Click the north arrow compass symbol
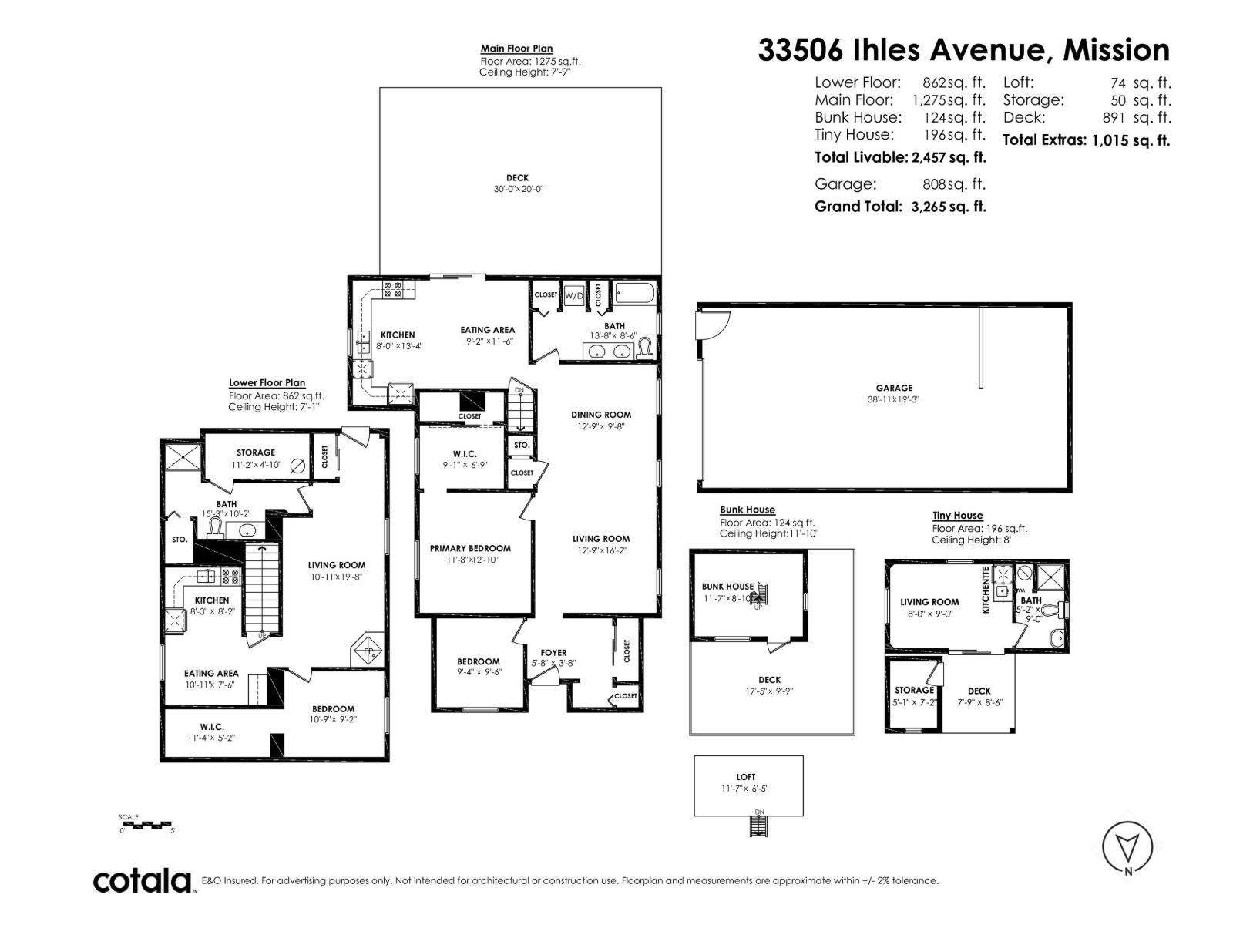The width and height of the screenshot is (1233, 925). point(1128,849)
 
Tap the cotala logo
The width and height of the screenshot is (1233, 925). point(143,880)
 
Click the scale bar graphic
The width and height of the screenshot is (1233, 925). point(146,825)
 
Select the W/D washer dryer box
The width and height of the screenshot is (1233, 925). point(573,295)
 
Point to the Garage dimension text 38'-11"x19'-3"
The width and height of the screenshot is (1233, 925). point(893,399)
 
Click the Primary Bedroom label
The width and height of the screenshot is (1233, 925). point(470,548)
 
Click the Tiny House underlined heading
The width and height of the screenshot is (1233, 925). point(957,516)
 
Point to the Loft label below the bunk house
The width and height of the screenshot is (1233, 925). point(745,777)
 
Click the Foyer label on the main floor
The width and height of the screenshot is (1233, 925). point(553,653)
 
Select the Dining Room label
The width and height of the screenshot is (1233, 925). point(601,415)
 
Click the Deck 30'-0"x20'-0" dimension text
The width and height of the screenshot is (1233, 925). point(519,189)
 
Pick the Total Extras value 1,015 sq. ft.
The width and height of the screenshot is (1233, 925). point(1131,140)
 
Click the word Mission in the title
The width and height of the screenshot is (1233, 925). point(1116,50)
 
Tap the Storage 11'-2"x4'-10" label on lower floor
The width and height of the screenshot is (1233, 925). point(256,452)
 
